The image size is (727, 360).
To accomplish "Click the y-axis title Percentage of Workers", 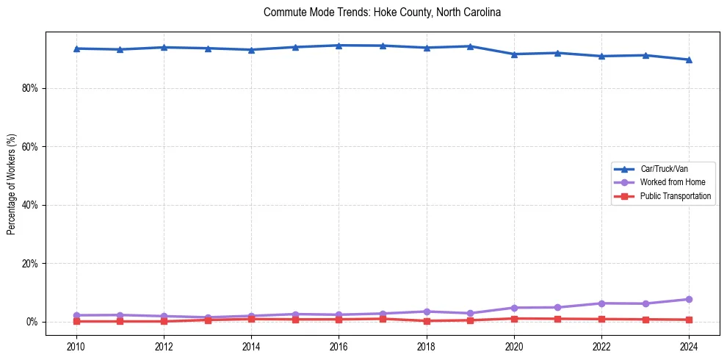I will pyautogui.click(x=12, y=184).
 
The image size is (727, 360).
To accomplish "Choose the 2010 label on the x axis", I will pyautogui.click(x=76, y=346).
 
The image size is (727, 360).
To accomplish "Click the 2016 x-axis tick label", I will pyautogui.click(x=339, y=346).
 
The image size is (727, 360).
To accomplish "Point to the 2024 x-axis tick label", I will pyautogui.click(x=689, y=346).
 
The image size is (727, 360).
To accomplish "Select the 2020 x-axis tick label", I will pyautogui.click(x=514, y=346).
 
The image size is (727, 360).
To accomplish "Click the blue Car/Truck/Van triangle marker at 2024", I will pyautogui.click(x=689, y=60).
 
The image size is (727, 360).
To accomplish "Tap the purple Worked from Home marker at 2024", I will pyautogui.click(x=689, y=299).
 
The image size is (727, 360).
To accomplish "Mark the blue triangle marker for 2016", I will pyautogui.click(x=339, y=46).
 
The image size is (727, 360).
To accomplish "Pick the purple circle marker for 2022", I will pyautogui.click(x=601, y=303).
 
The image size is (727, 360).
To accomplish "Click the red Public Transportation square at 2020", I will pyautogui.click(x=514, y=319).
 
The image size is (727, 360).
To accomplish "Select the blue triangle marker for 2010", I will pyautogui.click(x=76, y=48).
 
